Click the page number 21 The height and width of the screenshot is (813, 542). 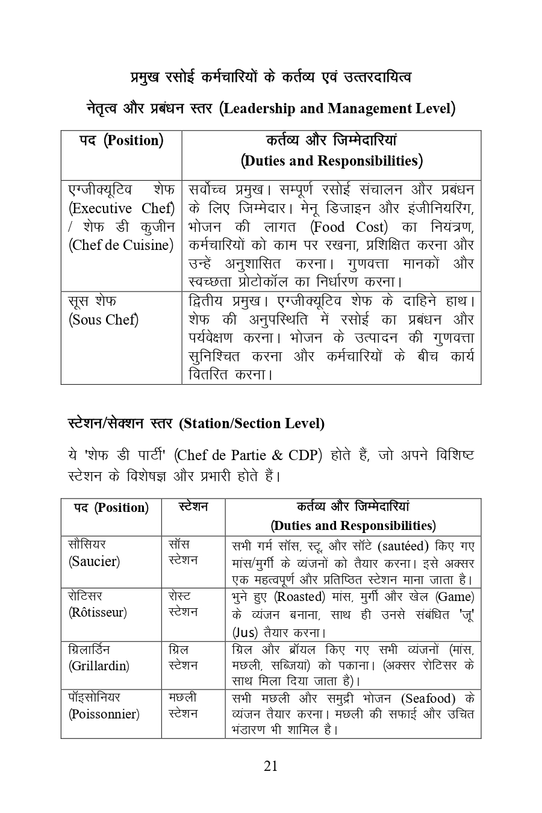[x=270, y=766]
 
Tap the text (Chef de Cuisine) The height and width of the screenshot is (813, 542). [x=121, y=245]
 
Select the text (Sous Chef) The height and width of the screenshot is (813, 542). [x=104, y=320]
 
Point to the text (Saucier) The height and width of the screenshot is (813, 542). [x=94, y=561]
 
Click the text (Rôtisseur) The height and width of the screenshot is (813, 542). [x=98, y=612]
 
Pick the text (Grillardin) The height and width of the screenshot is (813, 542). [x=99, y=666]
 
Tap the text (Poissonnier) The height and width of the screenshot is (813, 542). [x=104, y=714]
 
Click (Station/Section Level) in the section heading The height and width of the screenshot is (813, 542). [x=252, y=423]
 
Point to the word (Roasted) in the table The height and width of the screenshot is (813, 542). [x=299, y=597]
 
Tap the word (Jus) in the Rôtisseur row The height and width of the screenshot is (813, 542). [x=245, y=633]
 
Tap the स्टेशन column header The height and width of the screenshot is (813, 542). [x=193, y=507]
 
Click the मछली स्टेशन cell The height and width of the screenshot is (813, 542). [x=183, y=706]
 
